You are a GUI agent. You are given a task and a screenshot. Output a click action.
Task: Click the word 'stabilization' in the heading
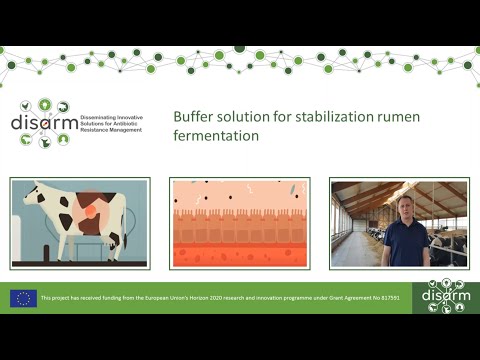click(x=332, y=116)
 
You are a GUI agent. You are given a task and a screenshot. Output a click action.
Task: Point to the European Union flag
click(x=24, y=298)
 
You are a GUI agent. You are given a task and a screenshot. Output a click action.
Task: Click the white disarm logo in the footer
click(x=445, y=297)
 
